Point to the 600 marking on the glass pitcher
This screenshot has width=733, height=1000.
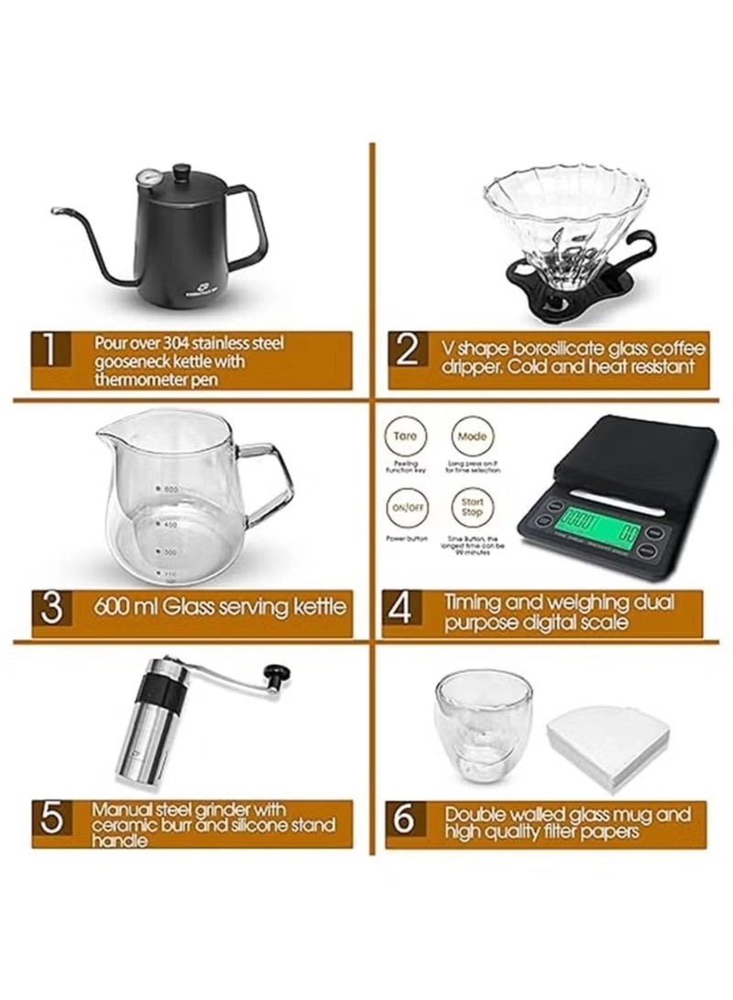tap(170, 490)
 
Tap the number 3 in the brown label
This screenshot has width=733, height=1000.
tap(51, 606)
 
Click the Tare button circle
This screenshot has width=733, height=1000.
tap(406, 437)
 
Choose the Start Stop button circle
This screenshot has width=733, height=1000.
tap(472, 507)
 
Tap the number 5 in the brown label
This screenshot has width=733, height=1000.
tap(51, 818)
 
